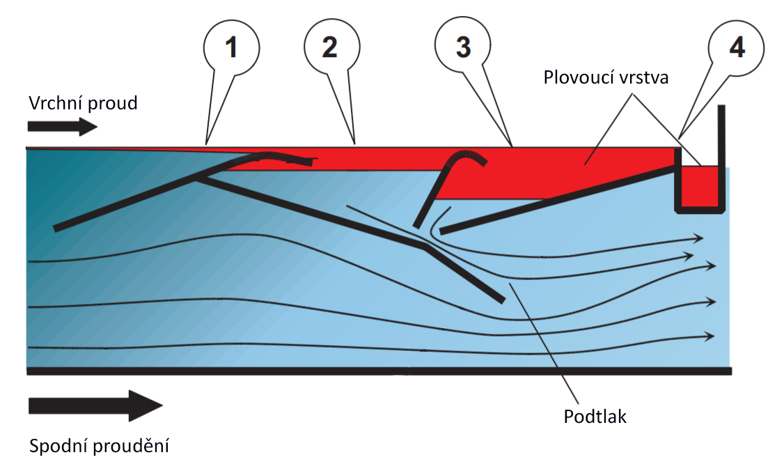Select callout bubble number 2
click(x=329, y=47)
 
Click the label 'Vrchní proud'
click(x=83, y=103)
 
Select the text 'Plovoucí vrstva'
click(x=606, y=77)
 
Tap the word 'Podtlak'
click(x=595, y=417)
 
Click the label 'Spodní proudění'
click(x=99, y=446)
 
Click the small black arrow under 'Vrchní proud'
click(x=63, y=127)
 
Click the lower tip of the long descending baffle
click(x=500, y=299)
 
